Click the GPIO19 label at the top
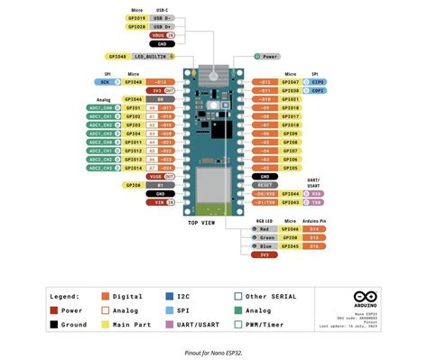[134, 18]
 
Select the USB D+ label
[163, 27]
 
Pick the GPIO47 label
[290, 82]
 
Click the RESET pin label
[264, 185]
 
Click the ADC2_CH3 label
[100, 168]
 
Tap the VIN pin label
[160, 202]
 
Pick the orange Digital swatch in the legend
[106, 296]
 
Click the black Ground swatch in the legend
[54, 324]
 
